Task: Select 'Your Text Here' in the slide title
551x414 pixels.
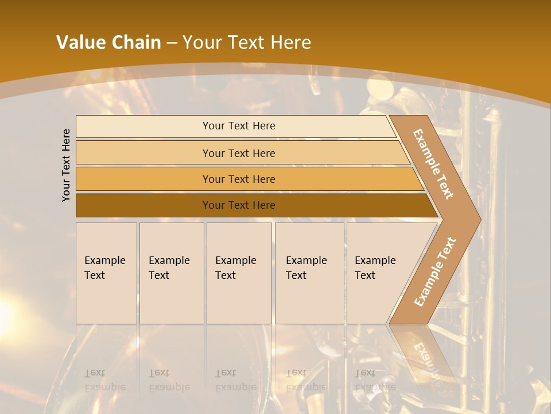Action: [x=247, y=43]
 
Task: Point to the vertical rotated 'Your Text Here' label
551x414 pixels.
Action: [x=66, y=165]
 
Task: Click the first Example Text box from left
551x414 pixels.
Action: [x=106, y=273]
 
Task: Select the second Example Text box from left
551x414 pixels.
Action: [x=172, y=273]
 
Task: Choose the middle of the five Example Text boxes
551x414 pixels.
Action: [x=239, y=273]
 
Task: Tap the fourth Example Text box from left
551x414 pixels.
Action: [x=309, y=273]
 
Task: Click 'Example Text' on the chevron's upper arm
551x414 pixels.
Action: [x=433, y=163]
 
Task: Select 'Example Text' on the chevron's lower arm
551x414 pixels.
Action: [x=434, y=272]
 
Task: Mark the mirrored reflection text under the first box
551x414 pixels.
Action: [x=104, y=380]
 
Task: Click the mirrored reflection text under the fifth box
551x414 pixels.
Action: [x=375, y=380]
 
